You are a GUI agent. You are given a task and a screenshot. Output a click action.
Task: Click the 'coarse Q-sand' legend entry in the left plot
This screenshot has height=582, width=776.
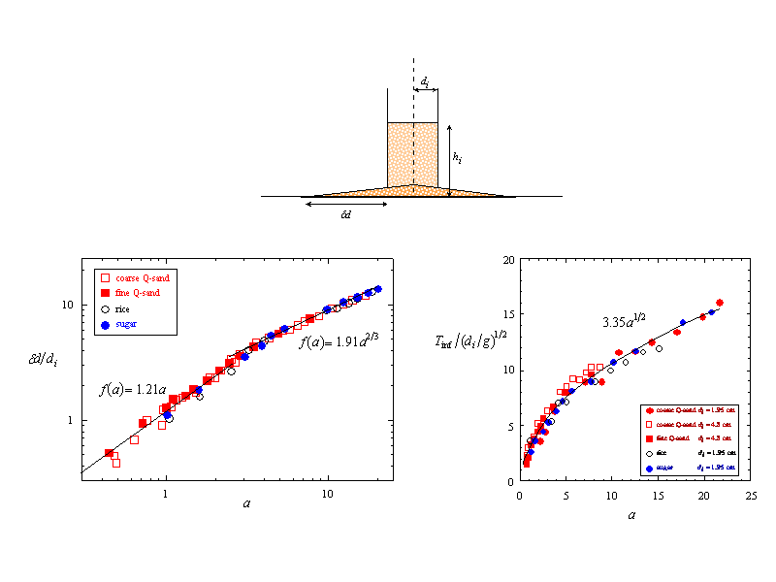(137, 276)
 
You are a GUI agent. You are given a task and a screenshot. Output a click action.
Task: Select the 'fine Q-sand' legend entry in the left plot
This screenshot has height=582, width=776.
(133, 292)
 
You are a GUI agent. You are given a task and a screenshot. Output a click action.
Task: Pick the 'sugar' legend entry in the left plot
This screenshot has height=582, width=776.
(127, 323)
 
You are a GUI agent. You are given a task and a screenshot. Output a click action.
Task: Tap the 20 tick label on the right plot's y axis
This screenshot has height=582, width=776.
(508, 260)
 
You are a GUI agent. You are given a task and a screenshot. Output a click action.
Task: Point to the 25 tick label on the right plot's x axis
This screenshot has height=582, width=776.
(751, 494)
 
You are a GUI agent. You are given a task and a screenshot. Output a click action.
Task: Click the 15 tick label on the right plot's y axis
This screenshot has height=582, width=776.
(508, 315)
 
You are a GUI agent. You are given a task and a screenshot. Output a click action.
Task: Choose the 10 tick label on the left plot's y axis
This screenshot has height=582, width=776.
(68, 305)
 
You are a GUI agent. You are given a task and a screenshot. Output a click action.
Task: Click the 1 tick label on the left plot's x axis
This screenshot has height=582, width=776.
(166, 494)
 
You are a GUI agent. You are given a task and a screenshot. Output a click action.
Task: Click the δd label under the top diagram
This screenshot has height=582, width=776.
(346, 214)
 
